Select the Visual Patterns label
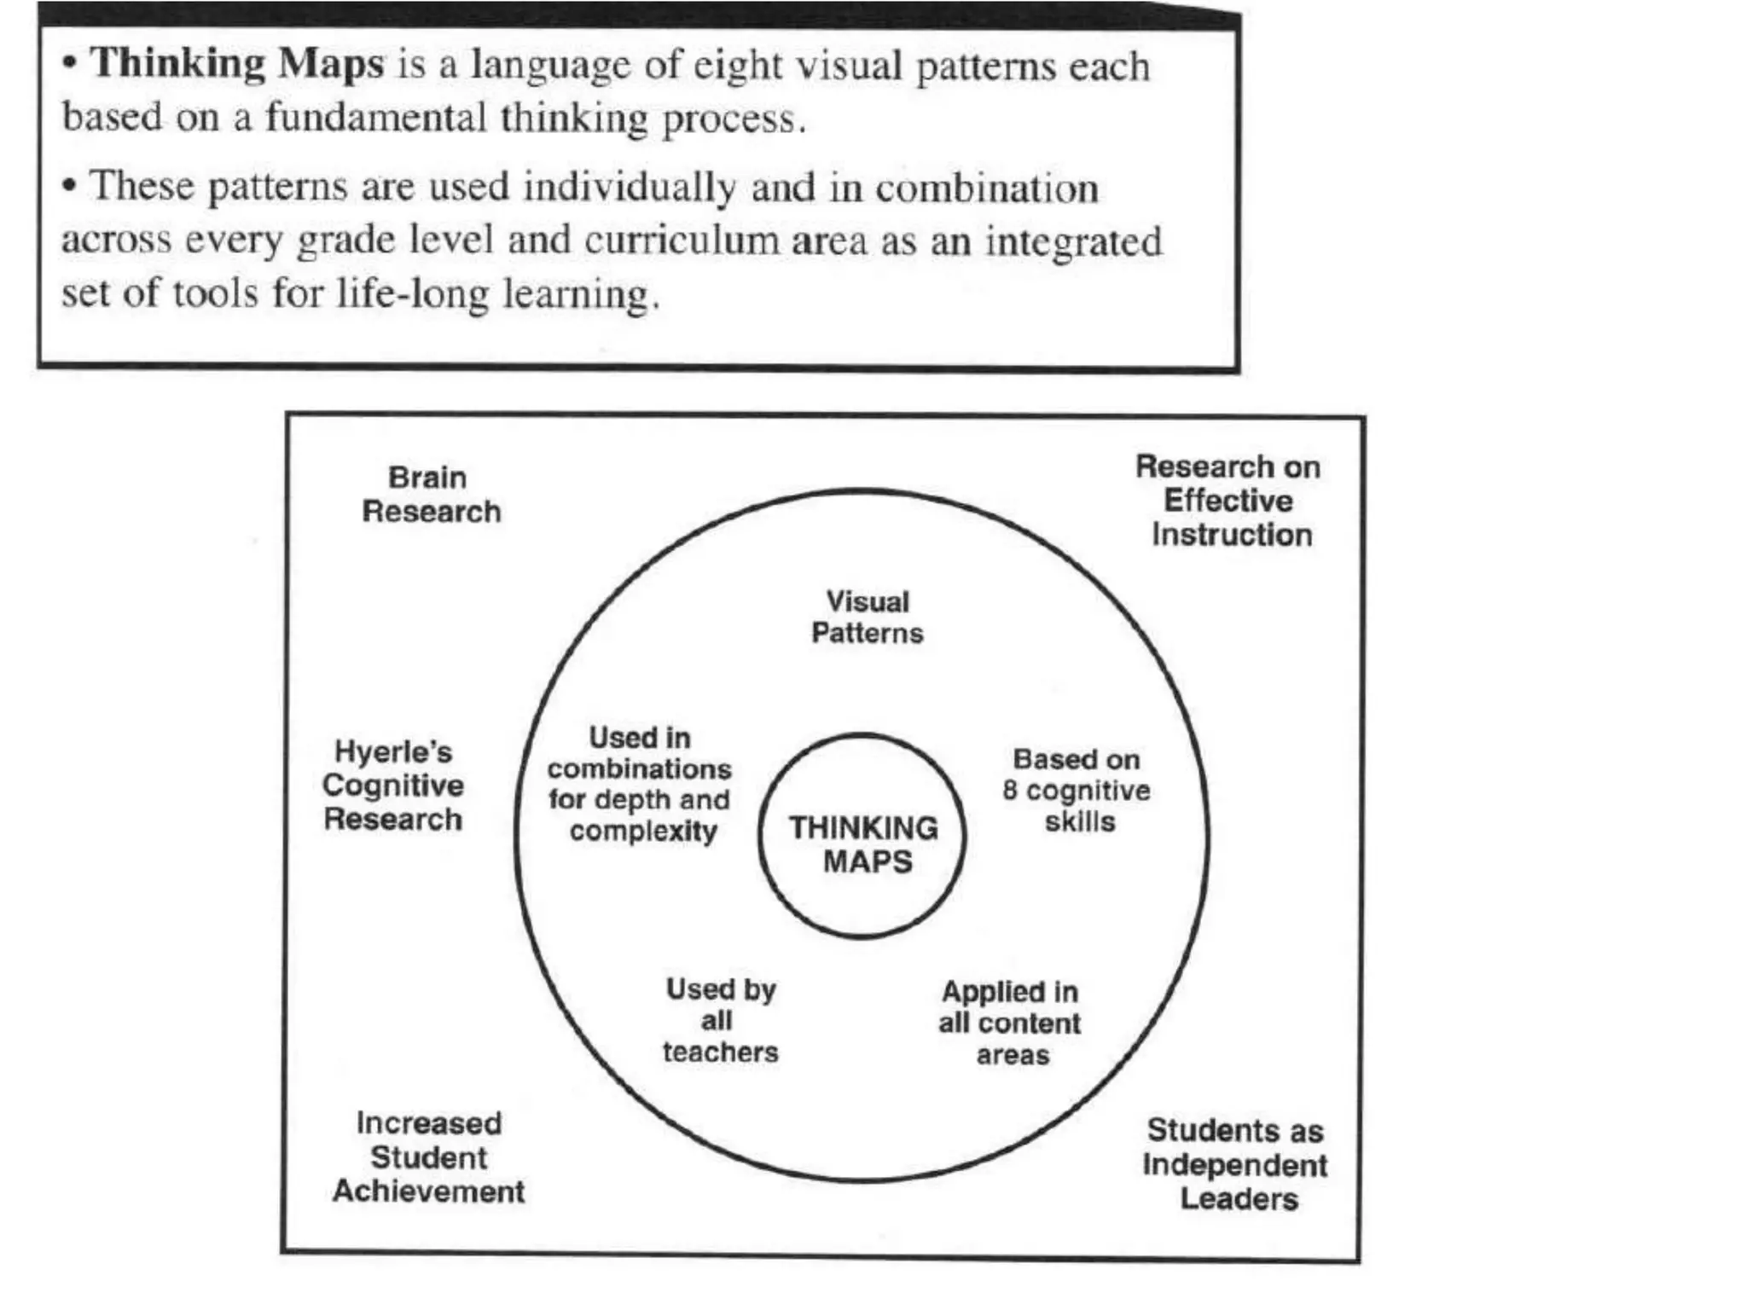tap(867, 617)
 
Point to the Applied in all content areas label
tap(1010, 1023)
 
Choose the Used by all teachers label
tap(720, 1021)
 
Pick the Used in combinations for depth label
tap(640, 784)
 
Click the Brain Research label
tap(431, 495)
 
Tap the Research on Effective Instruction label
tap(1228, 501)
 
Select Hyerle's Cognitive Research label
tap(393, 785)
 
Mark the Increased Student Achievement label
tap(428, 1157)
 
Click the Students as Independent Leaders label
tap(1235, 1165)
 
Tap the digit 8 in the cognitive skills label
tap(1010, 791)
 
